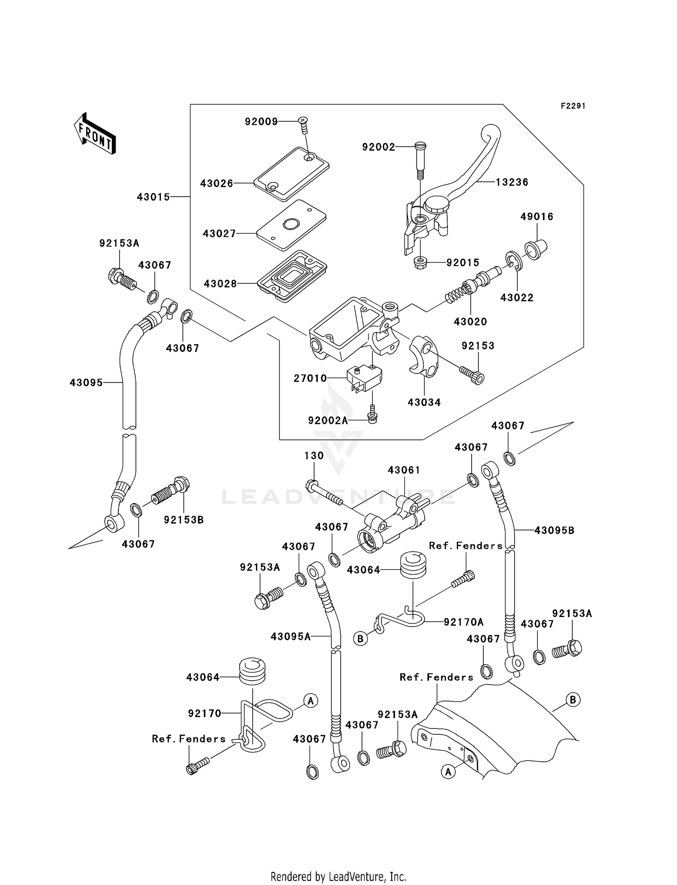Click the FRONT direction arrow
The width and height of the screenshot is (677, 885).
(x=95, y=134)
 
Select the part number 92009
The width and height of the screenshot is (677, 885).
(x=261, y=122)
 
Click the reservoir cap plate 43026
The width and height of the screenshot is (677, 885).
(x=291, y=174)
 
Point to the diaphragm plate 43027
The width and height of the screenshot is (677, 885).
(x=291, y=225)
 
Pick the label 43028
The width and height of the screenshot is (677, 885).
(x=220, y=284)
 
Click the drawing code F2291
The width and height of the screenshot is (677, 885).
(x=573, y=106)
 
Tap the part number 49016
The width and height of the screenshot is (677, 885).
(x=537, y=217)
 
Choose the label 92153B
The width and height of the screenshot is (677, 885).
(x=184, y=520)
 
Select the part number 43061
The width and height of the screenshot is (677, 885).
(x=404, y=470)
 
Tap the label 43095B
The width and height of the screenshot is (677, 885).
(x=554, y=530)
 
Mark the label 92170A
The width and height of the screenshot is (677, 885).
(x=464, y=622)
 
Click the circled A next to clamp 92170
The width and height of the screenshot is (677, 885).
(x=311, y=700)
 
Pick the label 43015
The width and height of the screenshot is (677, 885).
(x=153, y=197)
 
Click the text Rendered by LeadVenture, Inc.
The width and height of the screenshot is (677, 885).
(x=338, y=876)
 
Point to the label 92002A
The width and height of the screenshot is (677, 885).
(x=328, y=420)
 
